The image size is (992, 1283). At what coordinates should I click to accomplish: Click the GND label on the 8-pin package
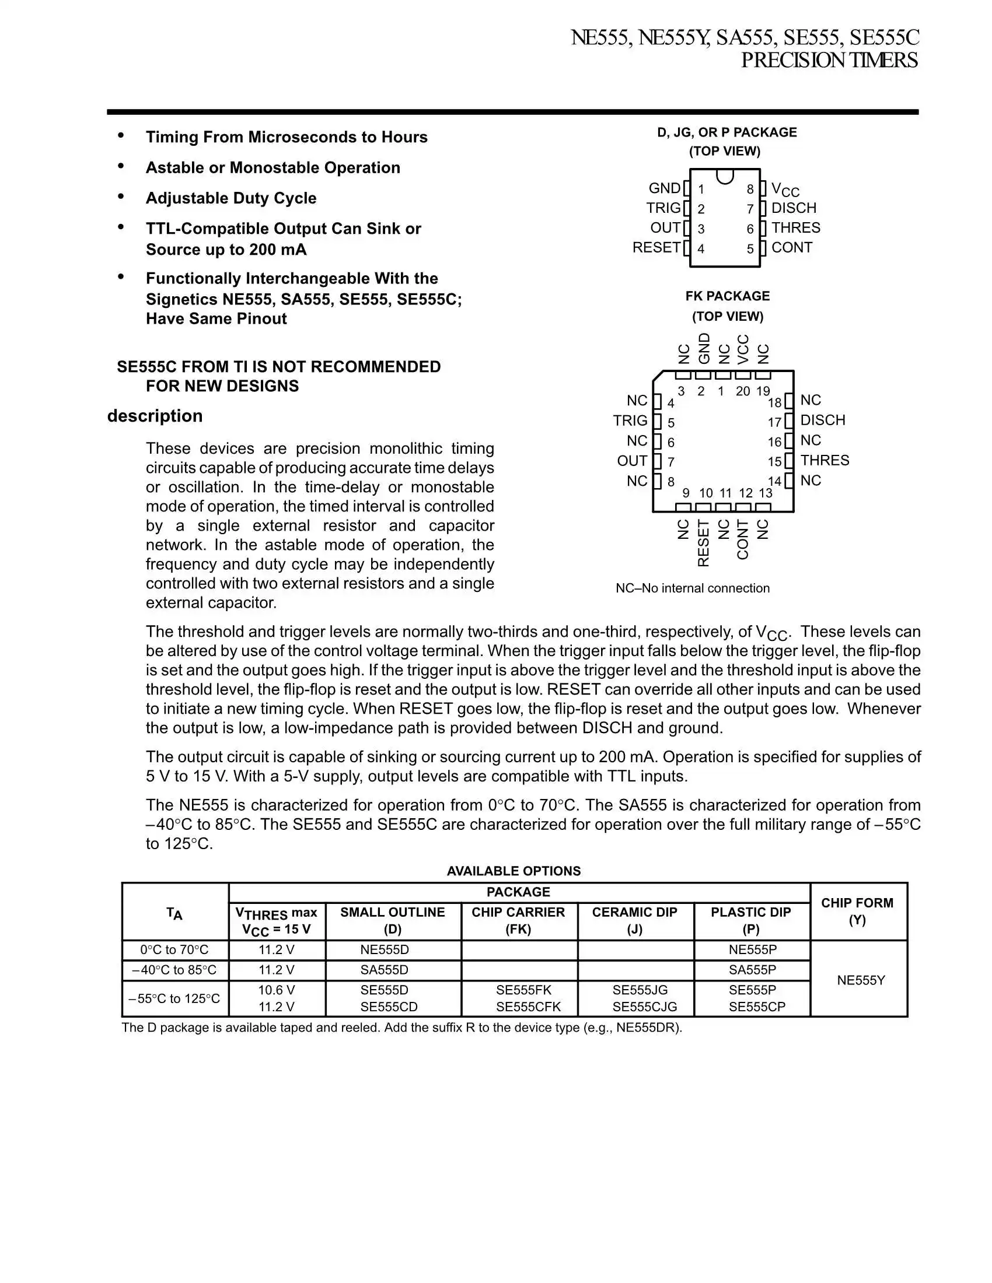(664, 188)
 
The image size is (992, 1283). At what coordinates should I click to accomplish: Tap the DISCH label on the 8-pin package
(794, 208)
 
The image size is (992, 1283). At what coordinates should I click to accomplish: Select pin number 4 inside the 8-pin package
(701, 249)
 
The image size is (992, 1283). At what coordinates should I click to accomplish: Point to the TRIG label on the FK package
(630, 420)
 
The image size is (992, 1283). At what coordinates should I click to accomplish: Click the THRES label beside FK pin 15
(825, 460)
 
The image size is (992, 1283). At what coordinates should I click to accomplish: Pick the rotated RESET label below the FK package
(704, 543)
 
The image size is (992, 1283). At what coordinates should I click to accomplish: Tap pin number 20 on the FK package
(743, 391)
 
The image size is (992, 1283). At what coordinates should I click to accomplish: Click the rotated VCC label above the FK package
(743, 349)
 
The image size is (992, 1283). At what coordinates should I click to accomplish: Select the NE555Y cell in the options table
(860, 980)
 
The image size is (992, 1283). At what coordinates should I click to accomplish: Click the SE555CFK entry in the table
(528, 1007)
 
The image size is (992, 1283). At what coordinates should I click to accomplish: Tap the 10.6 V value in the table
(276, 990)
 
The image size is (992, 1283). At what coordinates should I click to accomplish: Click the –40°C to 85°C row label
(174, 970)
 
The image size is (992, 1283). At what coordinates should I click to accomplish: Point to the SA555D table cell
(385, 970)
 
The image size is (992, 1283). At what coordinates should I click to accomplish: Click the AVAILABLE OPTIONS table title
(514, 871)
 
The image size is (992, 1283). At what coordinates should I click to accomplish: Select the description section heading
(155, 416)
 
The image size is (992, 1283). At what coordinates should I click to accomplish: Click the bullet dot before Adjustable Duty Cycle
(121, 197)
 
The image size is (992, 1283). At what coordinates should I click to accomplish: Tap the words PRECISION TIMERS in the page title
(829, 61)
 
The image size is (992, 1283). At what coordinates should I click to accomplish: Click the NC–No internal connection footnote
(692, 588)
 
